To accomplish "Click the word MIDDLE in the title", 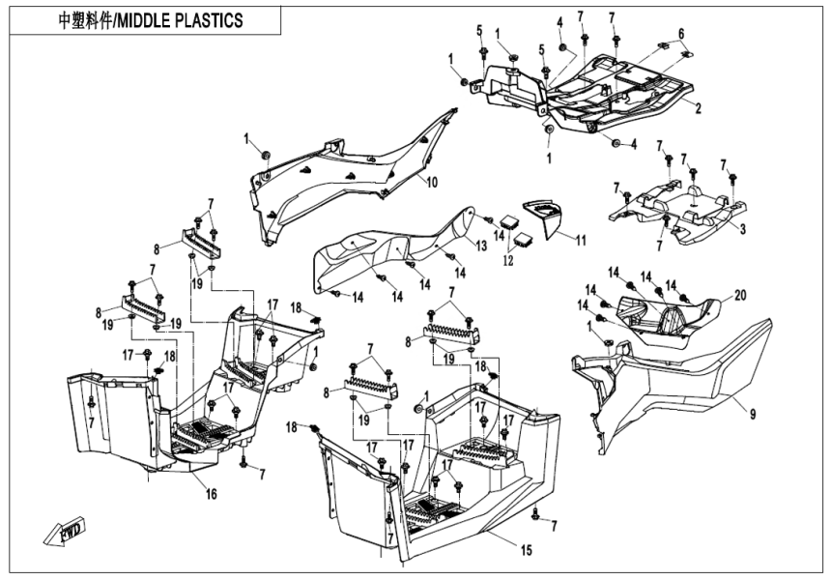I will click(x=153, y=20).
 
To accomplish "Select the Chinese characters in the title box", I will click(x=82, y=20).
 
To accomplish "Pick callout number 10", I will click(x=432, y=181).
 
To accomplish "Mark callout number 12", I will click(x=507, y=259).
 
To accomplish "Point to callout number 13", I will click(x=482, y=247).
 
